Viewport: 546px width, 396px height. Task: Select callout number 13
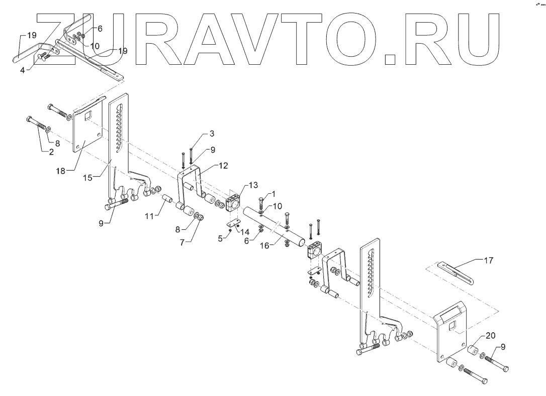[248, 185]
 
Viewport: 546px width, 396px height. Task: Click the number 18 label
[61, 171]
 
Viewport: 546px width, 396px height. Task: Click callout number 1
[274, 193]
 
